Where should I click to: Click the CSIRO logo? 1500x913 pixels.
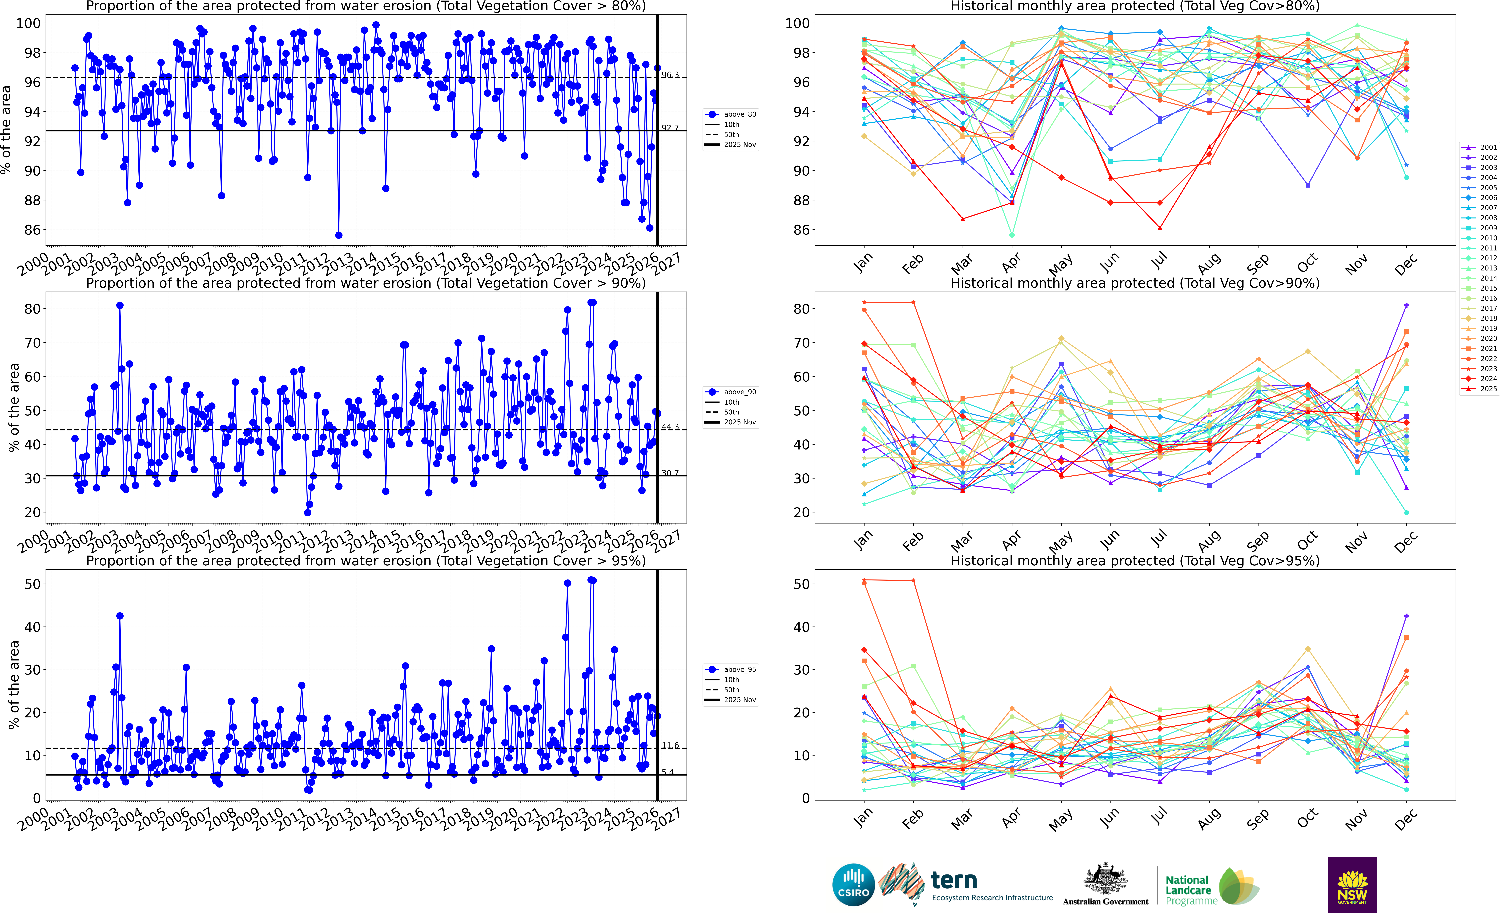pos(853,884)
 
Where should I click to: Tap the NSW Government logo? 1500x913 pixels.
pos(1352,884)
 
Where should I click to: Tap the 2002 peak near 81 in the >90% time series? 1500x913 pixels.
pos(120,306)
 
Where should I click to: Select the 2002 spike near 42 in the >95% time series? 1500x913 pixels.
pos(120,616)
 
